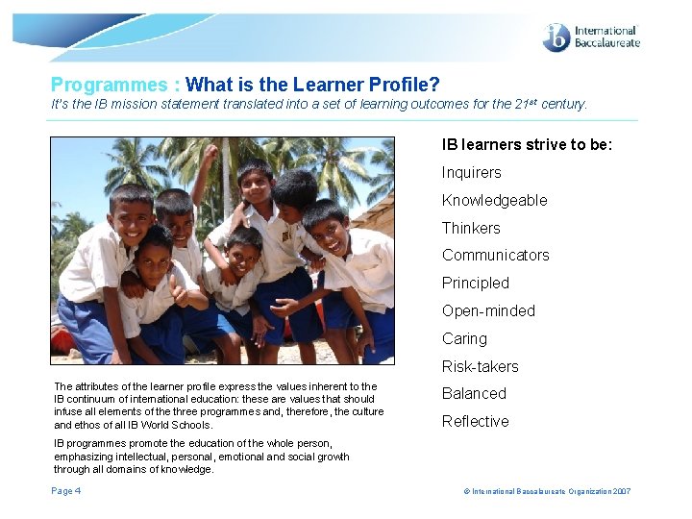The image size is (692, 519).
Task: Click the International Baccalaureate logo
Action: click(x=591, y=37)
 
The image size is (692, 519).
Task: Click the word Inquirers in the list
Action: click(x=471, y=173)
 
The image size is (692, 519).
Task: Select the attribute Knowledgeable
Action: click(x=494, y=201)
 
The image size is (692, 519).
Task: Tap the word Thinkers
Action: click(x=471, y=229)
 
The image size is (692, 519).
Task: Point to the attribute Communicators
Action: click(x=495, y=256)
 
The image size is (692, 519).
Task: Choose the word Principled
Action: click(x=475, y=284)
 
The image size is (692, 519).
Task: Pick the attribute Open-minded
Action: click(x=487, y=311)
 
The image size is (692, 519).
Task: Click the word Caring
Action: click(x=464, y=339)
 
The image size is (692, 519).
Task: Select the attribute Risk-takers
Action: click(x=480, y=367)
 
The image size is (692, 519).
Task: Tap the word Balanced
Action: click(x=474, y=394)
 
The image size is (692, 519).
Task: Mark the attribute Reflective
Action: click(x=475, y=422)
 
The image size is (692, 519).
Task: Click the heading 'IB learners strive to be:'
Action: click(x=527, y=145)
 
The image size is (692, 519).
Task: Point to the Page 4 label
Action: click(x=65, y=491)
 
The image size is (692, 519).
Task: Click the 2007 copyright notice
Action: click(x=548, y=492)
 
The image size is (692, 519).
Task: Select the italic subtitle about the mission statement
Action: click(x=318, y=104)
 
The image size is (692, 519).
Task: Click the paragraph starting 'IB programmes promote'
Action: click(x=201, y=457)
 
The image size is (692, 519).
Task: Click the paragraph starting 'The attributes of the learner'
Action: click(x=217, y=406)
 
